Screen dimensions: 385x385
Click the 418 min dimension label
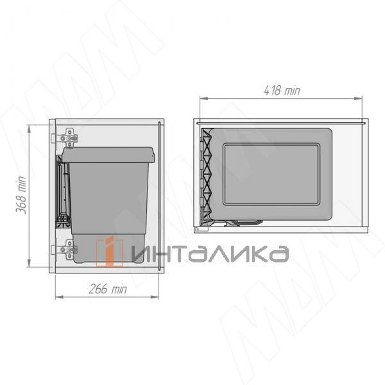tap(282, 90)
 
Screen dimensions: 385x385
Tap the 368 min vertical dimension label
tap(21, 195)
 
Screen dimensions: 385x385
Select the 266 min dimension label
tap(108, 289)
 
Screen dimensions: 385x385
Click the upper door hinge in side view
tap(67, 138)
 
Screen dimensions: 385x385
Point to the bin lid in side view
tap(108, 155)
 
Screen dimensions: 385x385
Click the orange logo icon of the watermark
tap(110, 252)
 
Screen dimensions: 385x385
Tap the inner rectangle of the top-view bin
tap(271, 175)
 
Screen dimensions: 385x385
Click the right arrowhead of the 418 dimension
tap(358, 98)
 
